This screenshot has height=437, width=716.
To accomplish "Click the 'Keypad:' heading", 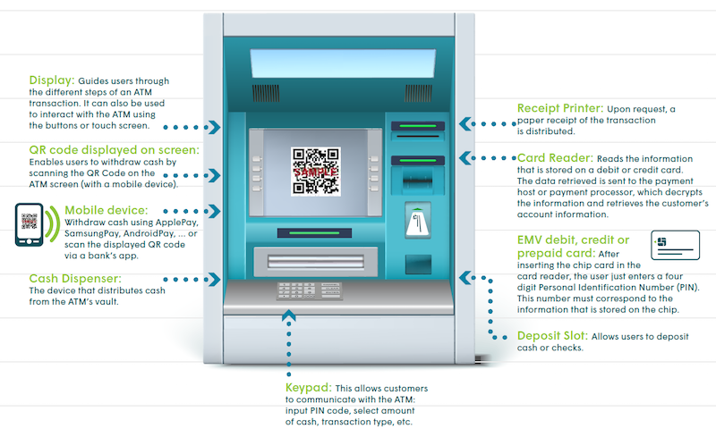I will (x=307, y=389).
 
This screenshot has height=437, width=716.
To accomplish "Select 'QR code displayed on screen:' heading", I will (x=115, y=149).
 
